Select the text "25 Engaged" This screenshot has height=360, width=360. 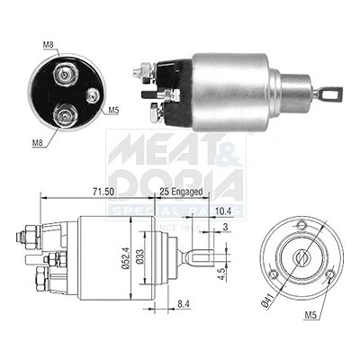(181, 192)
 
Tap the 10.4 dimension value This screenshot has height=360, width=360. (223, 211)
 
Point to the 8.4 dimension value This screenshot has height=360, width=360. (183, 304)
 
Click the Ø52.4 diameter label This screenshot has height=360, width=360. (126, 258)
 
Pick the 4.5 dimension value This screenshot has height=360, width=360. (221, 274)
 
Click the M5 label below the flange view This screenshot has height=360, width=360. (310, 315)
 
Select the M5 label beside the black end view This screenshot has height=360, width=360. (113, 110)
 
